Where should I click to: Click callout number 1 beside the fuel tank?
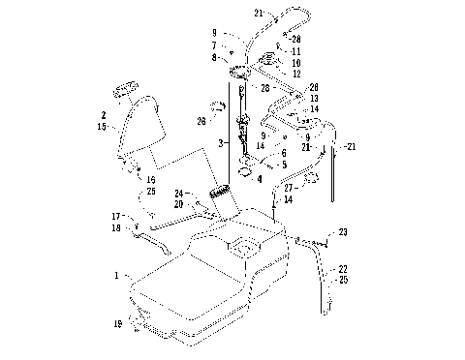click(117, 276)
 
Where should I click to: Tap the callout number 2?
click(103, 114)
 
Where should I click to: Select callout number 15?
click(103, 126)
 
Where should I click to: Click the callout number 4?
click(259, 178)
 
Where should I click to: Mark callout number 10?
click(295, 62)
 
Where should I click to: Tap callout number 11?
click(295, 50)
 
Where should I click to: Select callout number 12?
click(295, 74)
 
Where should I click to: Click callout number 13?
click(314, 99)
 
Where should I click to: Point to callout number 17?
click(115, 216)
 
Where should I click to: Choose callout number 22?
click(341, 269)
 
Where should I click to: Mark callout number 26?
click(201, 121)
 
